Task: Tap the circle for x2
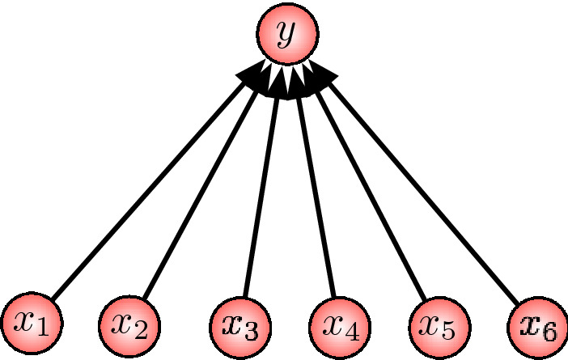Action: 129,326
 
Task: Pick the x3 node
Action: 239,326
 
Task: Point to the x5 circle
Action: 438,326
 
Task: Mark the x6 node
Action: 538,326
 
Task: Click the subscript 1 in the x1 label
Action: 44,329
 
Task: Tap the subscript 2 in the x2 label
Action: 141,331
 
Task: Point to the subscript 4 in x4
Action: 354,331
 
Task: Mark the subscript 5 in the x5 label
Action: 451,331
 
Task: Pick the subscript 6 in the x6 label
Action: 551,331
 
